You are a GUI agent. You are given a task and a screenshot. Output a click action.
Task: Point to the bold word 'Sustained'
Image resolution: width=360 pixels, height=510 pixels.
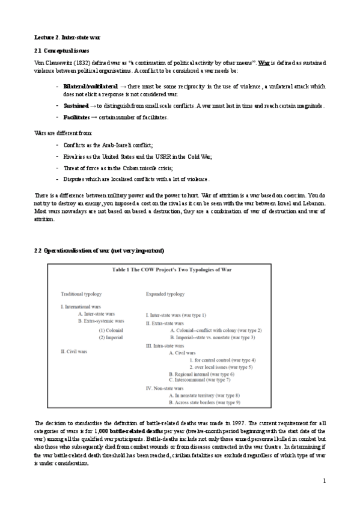point(76,106)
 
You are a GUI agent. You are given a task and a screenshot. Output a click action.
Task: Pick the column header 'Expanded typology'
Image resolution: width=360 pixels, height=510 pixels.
point(165,294)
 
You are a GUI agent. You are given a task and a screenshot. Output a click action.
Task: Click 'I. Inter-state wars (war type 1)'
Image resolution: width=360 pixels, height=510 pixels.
point(176,315)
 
